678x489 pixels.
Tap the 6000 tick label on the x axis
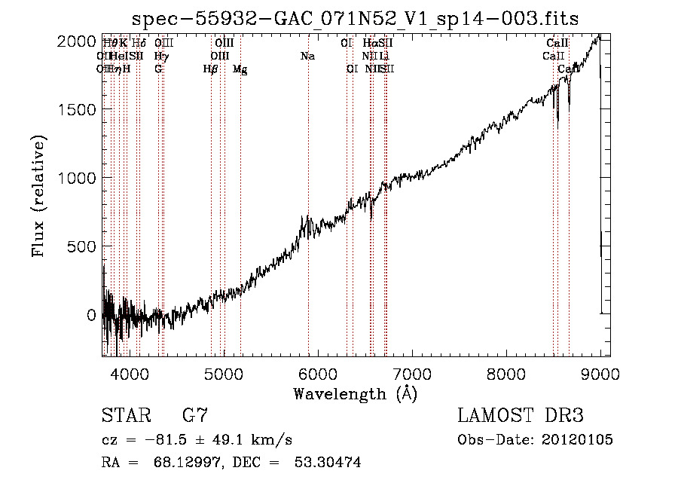[x=318, y=373]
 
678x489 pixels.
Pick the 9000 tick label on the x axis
[x=600, y=373]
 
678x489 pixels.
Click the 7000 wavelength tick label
[x=412, y=373]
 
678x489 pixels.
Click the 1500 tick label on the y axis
[x=78, y=110]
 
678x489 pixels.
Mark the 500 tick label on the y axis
[x=82, y=247]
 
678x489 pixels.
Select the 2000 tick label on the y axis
[x=78, y=41]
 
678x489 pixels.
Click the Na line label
[x=307, y=57]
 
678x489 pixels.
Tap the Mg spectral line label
[x=240, y=69]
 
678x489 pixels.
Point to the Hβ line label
[x=211, y=69]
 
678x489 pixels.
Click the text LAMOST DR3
[x=520, y=416]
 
